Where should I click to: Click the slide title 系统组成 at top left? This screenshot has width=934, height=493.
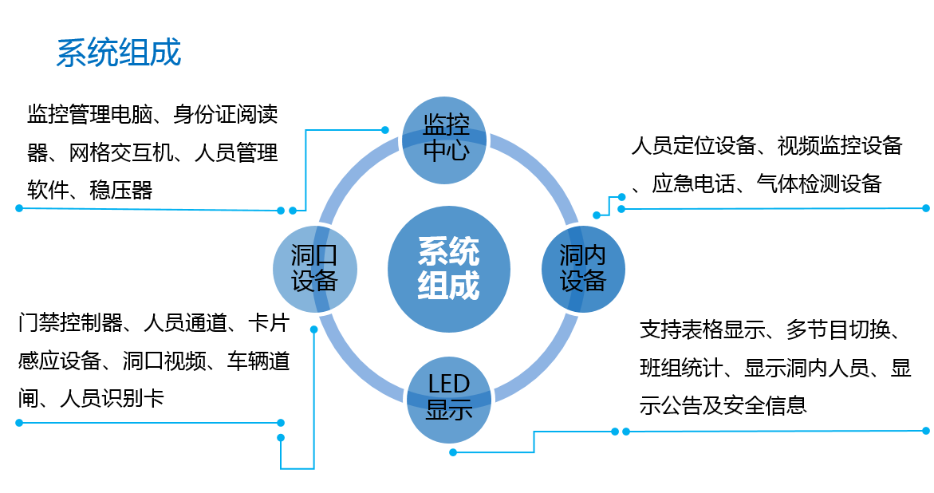[119, 53]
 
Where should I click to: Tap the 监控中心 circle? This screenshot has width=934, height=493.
[446, 137]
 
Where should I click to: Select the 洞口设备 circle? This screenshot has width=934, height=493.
[314, 268]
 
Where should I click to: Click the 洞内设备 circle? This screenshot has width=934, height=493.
[583, 268]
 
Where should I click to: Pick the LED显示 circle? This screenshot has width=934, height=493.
[448, 397]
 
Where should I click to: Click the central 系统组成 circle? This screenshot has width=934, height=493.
[448, 269]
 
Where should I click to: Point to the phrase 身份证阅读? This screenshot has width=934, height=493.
[226, 114]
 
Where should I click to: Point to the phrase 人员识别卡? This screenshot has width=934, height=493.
[112, 398]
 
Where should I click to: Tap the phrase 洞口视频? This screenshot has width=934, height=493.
[164, 361]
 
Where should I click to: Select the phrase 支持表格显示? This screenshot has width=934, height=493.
[702, 329]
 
